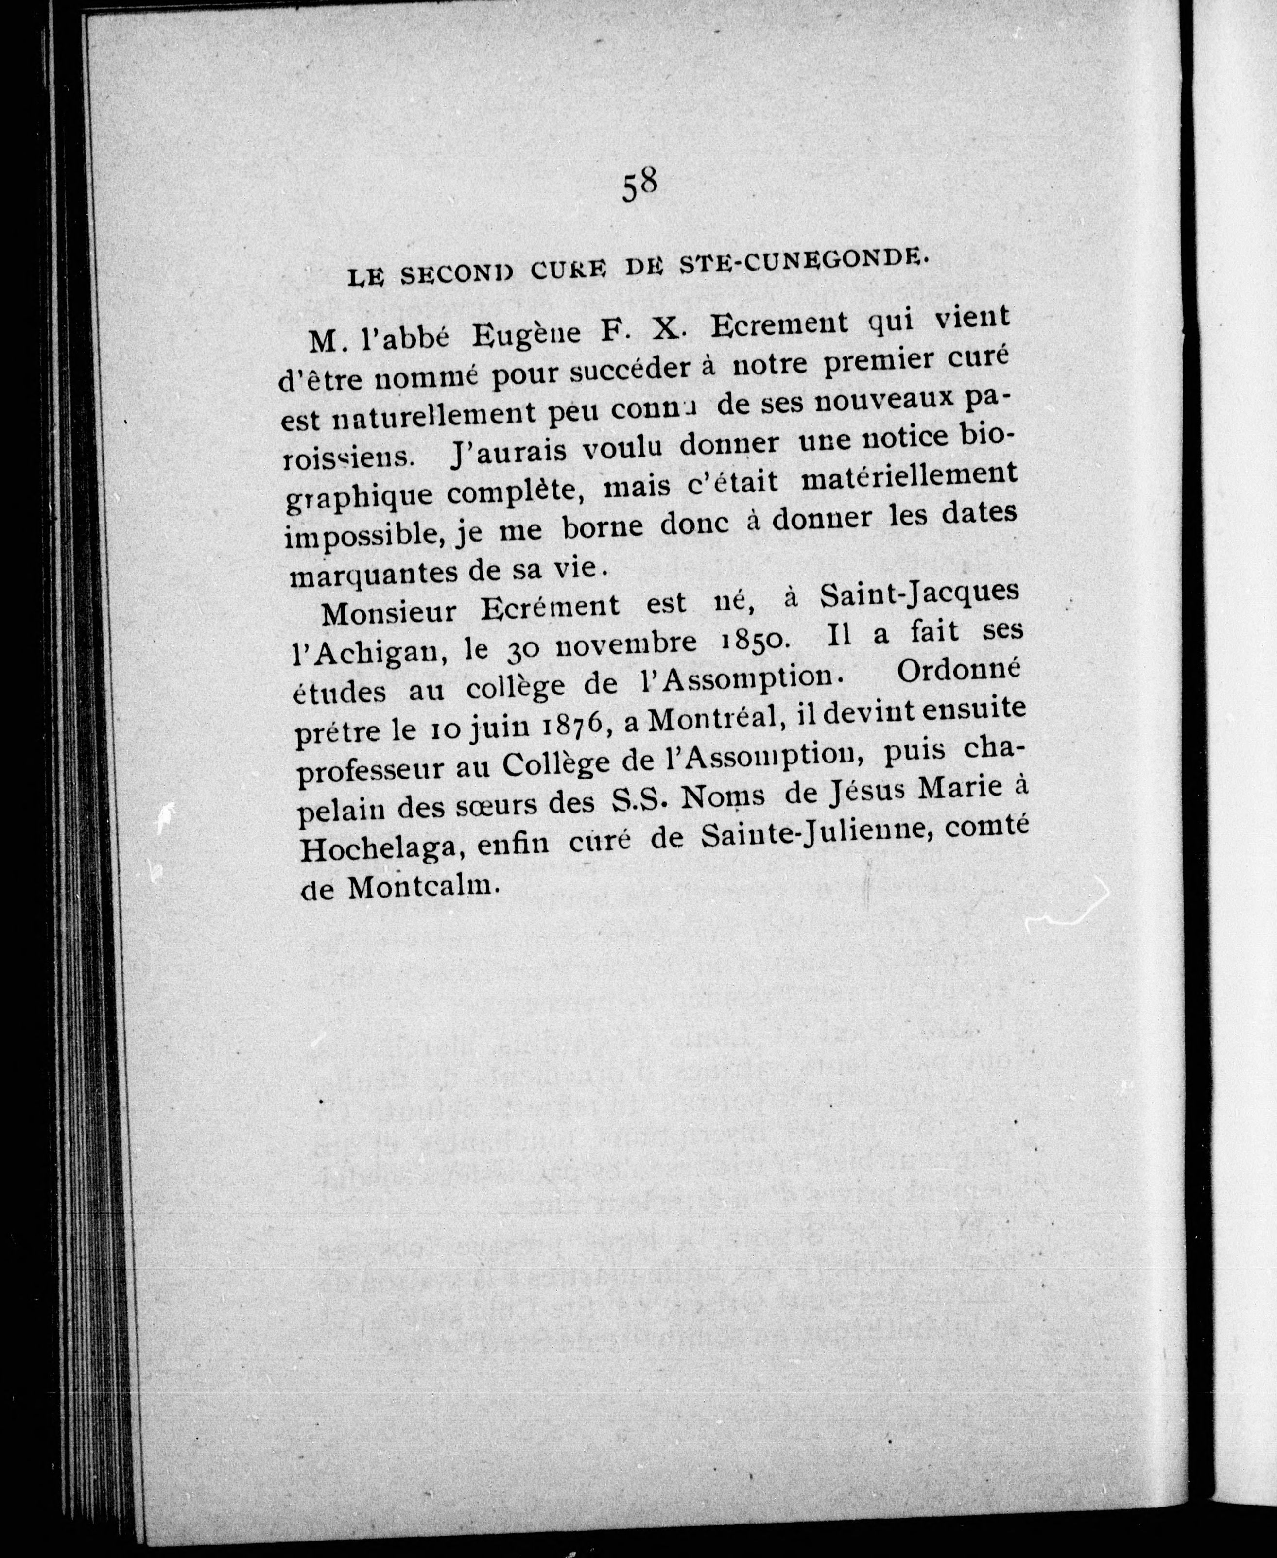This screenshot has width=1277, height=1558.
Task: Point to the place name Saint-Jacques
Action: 919,595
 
